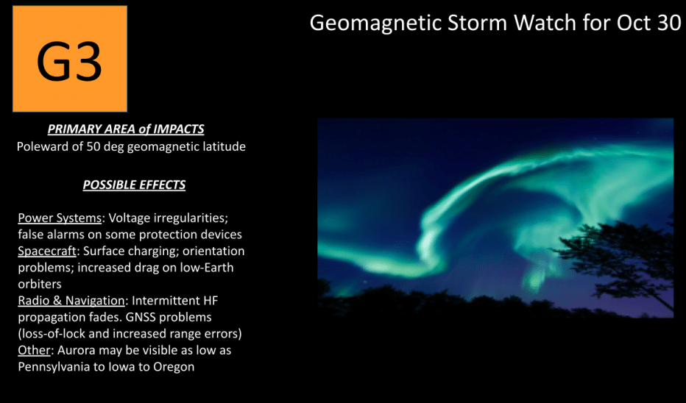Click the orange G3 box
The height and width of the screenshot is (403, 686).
[70, 59]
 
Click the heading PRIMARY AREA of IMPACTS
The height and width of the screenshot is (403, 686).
[126, 129]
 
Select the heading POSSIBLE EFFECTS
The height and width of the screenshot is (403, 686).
[134, 185]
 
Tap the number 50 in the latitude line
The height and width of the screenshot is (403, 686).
[93, 146]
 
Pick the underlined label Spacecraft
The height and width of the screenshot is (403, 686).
[47, 251]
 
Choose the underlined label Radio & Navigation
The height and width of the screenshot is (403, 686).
[71, 300]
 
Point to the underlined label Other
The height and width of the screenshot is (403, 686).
[34, 350]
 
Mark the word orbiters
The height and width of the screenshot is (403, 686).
[40, 284]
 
